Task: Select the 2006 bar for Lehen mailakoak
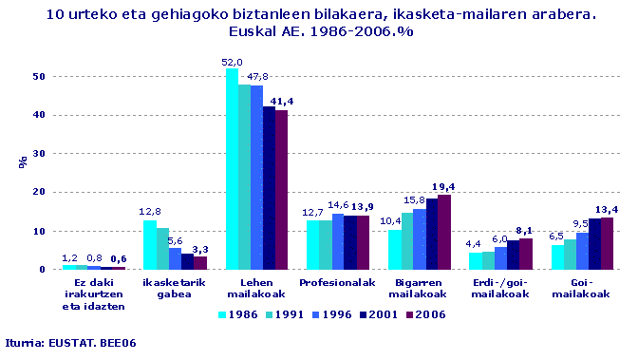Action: pos(281,190)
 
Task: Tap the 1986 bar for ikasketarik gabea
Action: pos(150,245)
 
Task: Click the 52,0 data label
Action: pos(232,62)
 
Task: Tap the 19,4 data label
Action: pos(444,187)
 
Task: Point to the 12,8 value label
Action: pos(150,212)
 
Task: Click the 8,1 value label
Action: pos(526,231)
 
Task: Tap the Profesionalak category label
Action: pos(337,283)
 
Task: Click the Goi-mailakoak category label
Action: pos(581,289)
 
